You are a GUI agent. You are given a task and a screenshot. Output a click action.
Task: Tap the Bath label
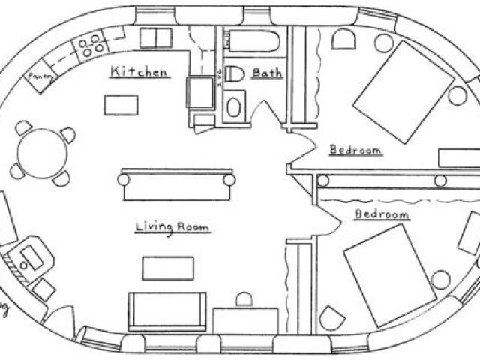(x=266, y=73)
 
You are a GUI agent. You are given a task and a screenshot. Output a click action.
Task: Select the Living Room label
(x=172, y=226)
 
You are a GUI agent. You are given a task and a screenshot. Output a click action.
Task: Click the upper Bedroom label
(x=356, y=150)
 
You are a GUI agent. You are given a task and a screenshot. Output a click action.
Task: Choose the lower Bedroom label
(x=382, y=214)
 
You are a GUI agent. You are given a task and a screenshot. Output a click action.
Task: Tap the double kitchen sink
(x=157, y=39)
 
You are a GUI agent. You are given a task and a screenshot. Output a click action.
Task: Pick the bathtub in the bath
(x=252, y=41)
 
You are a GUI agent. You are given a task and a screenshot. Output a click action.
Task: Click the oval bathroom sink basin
(x=235, y=106)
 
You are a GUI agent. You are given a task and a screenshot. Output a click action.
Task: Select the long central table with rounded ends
(x=175, y=183)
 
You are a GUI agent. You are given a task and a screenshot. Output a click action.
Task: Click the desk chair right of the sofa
(x=244, y=301)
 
